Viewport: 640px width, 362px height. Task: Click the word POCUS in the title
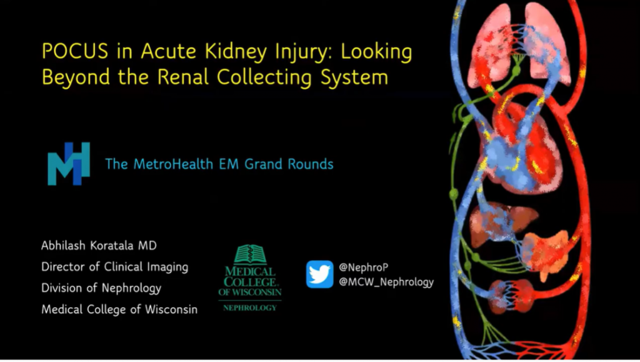coord(75,51)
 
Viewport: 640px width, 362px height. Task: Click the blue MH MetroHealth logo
coord(69,164)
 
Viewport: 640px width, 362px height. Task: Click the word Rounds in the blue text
coord(310,164)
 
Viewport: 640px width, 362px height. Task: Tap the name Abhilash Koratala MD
coord(99,245)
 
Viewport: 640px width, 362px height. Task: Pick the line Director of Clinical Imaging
coord(115,267)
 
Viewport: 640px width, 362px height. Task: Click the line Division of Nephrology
coord(101,288)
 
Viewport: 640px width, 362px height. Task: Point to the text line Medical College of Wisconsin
coord(119,309)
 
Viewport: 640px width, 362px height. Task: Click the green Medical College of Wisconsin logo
coord(250,278)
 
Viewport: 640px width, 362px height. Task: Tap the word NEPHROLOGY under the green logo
coord(250,308)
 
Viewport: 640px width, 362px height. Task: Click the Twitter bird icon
coord(319,274)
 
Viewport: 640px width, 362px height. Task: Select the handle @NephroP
coord(363,268)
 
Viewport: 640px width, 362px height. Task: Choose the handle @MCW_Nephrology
coord(386,282)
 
